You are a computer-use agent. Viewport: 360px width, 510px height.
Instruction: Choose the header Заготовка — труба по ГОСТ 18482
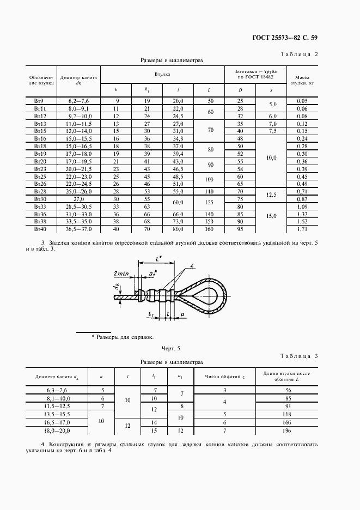coord(256,74)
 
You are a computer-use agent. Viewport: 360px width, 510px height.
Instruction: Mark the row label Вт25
coord(40,177)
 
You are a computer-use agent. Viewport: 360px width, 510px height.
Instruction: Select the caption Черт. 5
coord(170,348)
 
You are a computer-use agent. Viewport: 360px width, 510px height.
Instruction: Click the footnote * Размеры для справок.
coord(123,337)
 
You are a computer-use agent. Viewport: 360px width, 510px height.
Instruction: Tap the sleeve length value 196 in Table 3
coord(288,431)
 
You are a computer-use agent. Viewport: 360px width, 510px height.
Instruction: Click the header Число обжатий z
coord(224,376)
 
